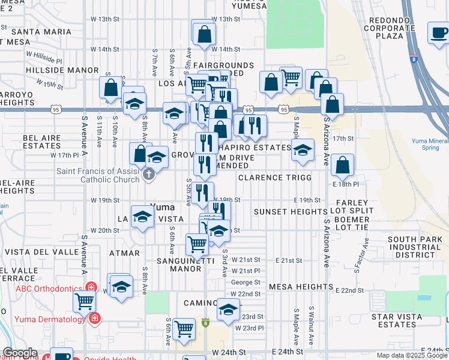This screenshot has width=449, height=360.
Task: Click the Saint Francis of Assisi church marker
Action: pos(149,175)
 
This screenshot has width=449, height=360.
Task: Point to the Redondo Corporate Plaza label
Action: pos(390,28)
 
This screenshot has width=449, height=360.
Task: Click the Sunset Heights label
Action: pos(290,212)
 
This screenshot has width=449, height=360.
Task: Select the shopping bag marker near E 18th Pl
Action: pos(342,164)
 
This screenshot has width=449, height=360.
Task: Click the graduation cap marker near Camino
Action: pos(228,310)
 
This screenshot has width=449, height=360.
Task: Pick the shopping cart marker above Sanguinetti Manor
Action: pos(197,244)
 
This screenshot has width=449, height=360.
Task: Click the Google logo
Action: pos(20,353)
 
